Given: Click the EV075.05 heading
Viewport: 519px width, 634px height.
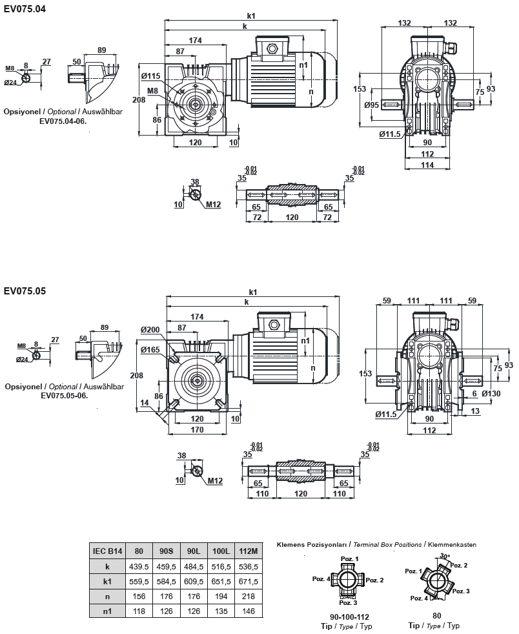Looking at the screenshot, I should coord(25,291).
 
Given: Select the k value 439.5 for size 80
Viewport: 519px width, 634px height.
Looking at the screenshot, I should coord(139,566).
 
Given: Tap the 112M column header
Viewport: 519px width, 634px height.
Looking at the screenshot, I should coord(249,551).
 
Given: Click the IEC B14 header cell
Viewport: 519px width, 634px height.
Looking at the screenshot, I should coord(107,551).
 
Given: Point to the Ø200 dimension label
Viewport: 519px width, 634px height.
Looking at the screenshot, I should coord(150,329).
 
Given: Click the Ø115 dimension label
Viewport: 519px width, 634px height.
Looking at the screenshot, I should coord(150,76).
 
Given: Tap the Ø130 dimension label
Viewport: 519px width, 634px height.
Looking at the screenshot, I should coord(491,394).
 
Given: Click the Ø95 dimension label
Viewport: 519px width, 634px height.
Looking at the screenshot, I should coord(371,105).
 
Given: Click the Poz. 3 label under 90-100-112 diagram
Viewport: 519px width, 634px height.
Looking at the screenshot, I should coord(350,603).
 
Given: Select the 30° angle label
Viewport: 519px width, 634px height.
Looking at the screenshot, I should coord(443,555).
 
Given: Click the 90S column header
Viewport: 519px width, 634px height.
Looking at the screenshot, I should coord(167,551).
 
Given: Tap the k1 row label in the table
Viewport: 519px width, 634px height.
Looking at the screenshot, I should coord(107,581).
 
